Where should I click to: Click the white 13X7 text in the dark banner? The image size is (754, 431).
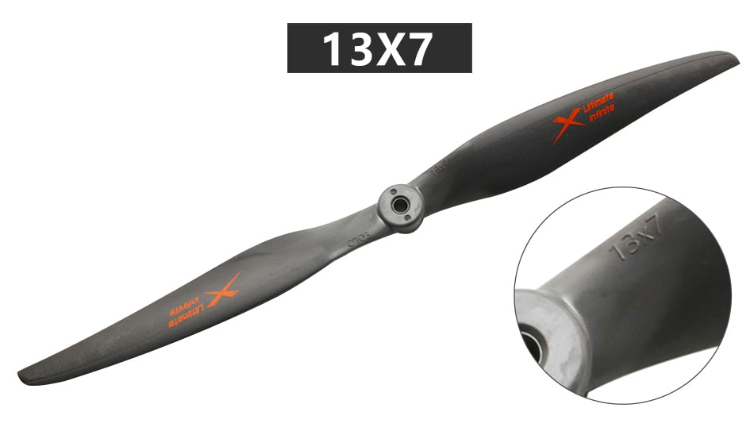coord(379,48)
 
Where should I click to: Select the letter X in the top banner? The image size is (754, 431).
coord(388,48)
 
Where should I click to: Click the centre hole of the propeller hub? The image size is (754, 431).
coord(402,203)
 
